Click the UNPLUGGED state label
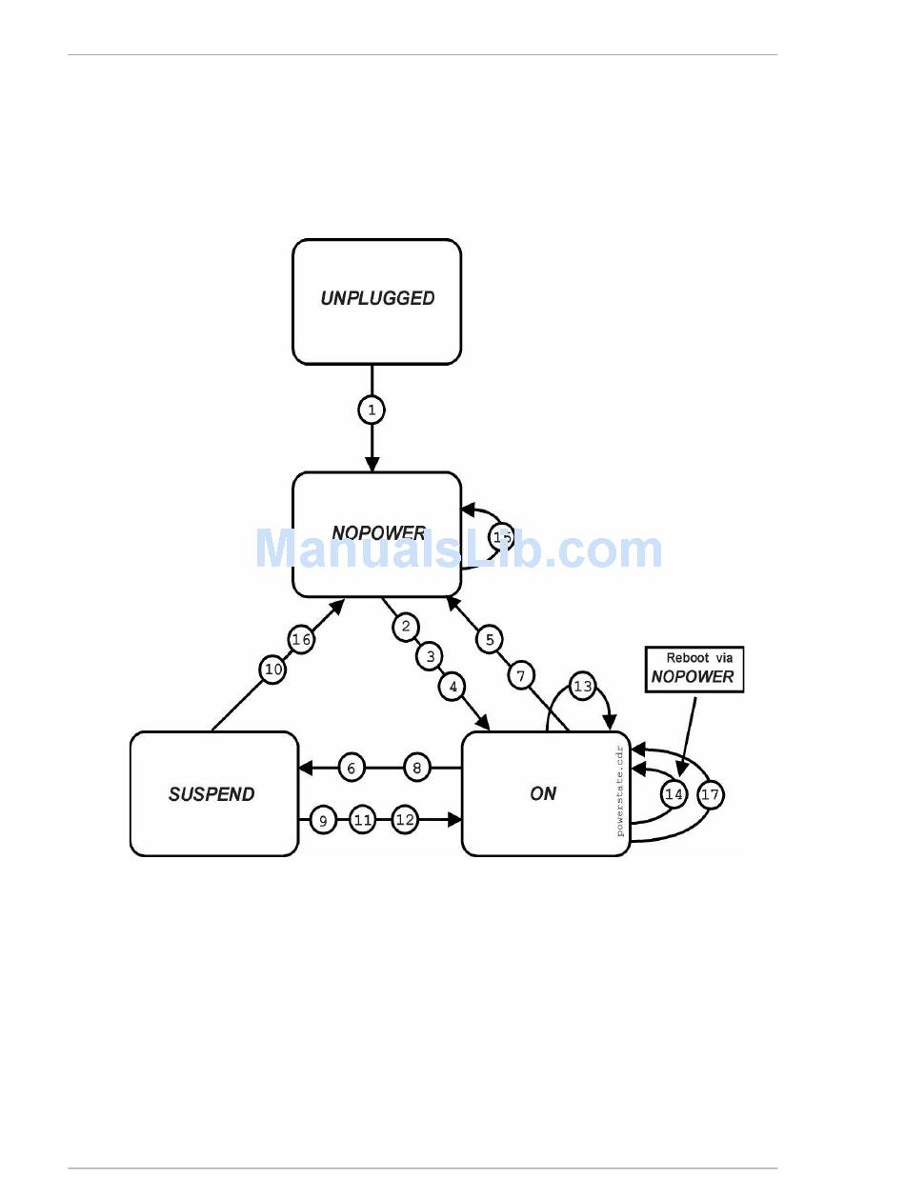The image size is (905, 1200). pos(377,298)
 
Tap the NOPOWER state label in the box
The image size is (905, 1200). pos(378,533)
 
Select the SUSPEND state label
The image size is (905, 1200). pos(211,794)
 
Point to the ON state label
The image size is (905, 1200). pos(543,793)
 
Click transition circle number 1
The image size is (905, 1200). pos(372,410)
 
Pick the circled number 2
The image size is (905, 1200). pos(406,627)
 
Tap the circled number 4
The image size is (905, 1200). pos(453,686)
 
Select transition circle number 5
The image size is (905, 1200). pos(490,639)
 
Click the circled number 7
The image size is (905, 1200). pos(521,676)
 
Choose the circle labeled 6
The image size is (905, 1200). pos(352,768)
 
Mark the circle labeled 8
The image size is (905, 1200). pos(417,768)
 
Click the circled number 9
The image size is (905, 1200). pos(323,819)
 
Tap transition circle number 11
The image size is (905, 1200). pos(363,819)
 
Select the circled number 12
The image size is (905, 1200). pos(405,819)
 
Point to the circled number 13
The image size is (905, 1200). pos(582,687)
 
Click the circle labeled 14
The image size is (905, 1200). pos(674,794)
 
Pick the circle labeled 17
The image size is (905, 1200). pos(710,794)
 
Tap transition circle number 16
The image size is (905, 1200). pos(301,640)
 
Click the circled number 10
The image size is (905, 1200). pos(273,670)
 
